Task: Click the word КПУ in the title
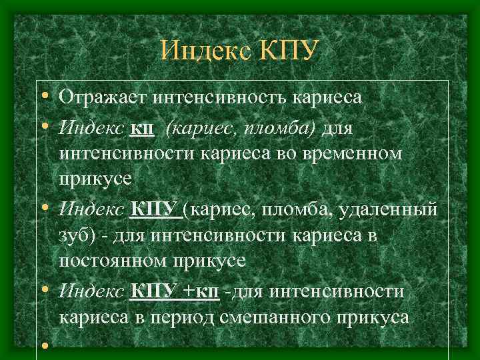(x=285, y=51)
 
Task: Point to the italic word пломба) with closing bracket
(x=285, y=126)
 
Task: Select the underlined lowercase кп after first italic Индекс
(x=143, y=126)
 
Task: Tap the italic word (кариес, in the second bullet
(x=203, y=126)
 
